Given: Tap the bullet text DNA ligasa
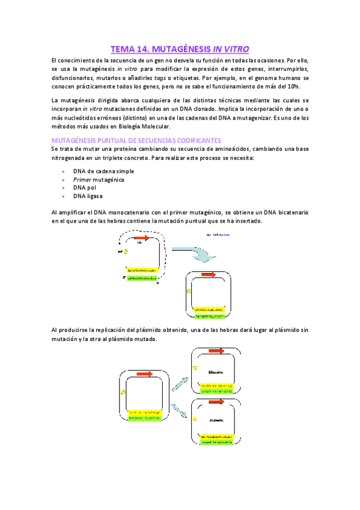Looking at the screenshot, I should pyautogui.click(x=88, y=196).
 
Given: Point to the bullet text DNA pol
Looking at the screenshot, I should pyautogui.click(x=85, y=188).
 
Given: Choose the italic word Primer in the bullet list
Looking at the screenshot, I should pyautogui.click(x=81, y=179).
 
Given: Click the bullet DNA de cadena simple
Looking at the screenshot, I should pyautogui.click(x=103, y=171).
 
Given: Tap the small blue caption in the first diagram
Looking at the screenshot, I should pyautogui.click(x=219, y=235).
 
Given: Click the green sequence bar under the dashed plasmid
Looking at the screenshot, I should pyautogui.click(x=142, y=278).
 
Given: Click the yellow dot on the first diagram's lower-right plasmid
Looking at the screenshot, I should pyautogui.click(x=189, y=292).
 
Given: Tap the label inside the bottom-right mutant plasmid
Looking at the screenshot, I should pyautogui.click(x=216, y=421).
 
